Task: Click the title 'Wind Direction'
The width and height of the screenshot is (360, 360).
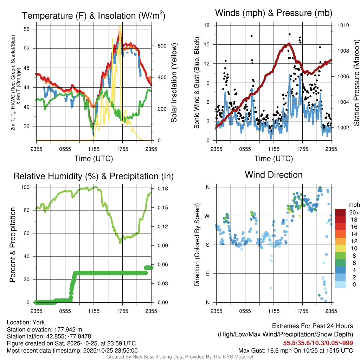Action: coord(274,175)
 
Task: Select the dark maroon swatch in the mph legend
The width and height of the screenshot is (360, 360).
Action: coord(340,212)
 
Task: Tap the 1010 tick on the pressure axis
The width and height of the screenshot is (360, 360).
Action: coord(343,25)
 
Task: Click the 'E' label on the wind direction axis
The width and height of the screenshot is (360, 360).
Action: coord(207,274)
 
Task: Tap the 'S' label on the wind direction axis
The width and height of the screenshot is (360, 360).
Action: coord(207,245)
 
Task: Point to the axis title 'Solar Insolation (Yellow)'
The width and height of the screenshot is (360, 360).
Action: coord(174,83)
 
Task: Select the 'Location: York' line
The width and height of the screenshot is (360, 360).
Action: coord(26,322)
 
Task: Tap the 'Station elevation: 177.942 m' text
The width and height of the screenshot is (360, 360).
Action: coord(44,329)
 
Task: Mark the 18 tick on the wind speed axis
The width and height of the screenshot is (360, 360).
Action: coord(207,25)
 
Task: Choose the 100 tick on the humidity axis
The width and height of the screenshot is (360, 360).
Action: coord(27,187)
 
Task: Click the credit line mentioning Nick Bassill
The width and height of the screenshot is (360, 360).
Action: coord(180,357)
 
